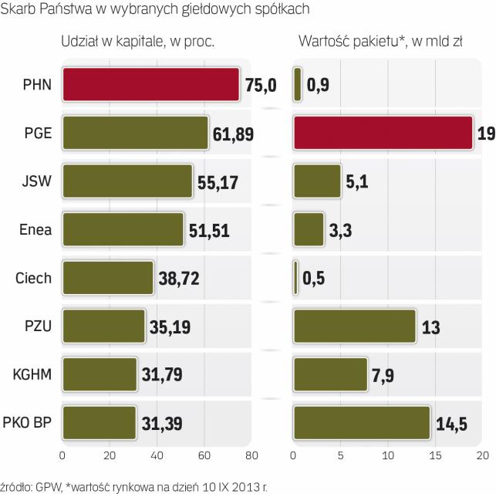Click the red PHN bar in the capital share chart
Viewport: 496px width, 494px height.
click(x=150, y=85)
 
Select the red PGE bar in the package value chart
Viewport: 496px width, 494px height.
click(x=383, y=133)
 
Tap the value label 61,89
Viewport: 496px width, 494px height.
click(x=233, y=134)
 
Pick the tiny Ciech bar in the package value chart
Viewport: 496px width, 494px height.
click(x=295, y=278)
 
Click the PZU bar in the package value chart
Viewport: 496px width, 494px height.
click(x=355, y=326)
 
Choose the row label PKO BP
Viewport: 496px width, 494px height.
click(x=28, y=423)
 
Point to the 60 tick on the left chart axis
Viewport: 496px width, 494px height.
click(x=204, y=454)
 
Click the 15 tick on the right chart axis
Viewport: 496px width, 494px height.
click(x=436, y=454)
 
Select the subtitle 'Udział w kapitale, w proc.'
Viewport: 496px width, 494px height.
click(x=137, y=42)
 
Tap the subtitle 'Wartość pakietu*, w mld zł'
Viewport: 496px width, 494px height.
click(x=380, y=42)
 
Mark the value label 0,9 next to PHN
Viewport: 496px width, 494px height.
click(x=318, y=85)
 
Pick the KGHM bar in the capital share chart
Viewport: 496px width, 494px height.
click(x=100, y=374)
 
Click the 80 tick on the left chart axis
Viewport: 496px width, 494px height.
click(x=251, y=454)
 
